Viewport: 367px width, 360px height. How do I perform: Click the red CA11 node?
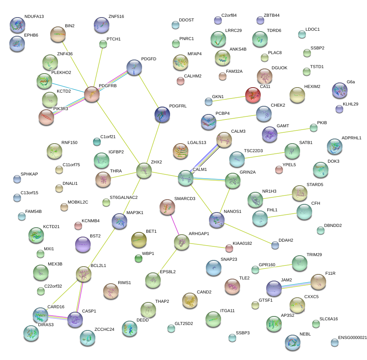(253, 95)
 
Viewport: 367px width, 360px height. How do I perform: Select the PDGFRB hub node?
(92, 94)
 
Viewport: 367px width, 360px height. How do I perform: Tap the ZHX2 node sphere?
(144, 170)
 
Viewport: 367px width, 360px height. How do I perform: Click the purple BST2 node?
(83, 244)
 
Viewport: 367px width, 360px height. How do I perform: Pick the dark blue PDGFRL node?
(162, 114)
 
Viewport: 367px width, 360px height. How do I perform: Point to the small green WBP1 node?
(139, 259)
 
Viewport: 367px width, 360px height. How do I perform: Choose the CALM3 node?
(224, 140)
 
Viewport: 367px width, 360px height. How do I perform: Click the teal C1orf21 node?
(97, 142)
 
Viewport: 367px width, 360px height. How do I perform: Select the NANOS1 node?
(217, 220)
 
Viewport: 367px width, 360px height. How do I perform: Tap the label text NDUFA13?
(34, 16)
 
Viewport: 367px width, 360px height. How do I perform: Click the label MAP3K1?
(135, 212)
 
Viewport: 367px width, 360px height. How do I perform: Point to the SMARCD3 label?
(185, 198)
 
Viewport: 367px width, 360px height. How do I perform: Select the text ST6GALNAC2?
(124, 197)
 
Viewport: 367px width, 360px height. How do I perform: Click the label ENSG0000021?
(353, 337)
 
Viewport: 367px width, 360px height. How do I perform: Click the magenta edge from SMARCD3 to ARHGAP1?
(175, 225)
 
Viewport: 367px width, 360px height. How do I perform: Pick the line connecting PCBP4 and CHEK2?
(236, 118)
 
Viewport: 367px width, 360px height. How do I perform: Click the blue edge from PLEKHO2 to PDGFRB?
(68, 88)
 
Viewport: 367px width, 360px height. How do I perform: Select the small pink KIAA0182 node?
(229, 248)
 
